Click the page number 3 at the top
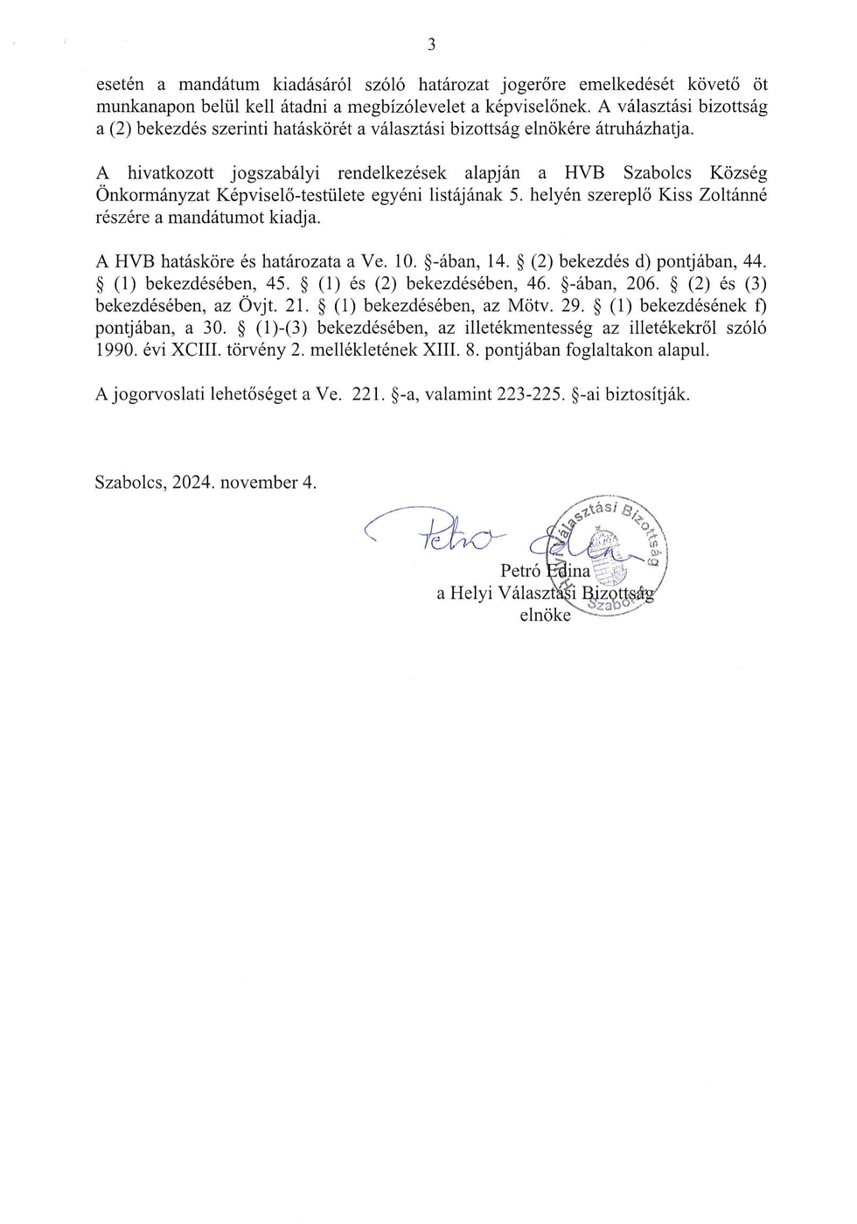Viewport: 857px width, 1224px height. pos(431,45)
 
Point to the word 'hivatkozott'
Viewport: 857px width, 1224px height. pos(171,173)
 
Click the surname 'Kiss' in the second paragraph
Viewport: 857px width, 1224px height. pos(675,195)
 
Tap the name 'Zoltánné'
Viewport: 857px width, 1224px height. pos(732,195)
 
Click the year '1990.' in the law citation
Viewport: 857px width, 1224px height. pos(115,350)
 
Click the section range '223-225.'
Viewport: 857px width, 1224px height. pos(529,394)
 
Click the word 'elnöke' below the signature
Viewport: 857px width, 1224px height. pos(545,615)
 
